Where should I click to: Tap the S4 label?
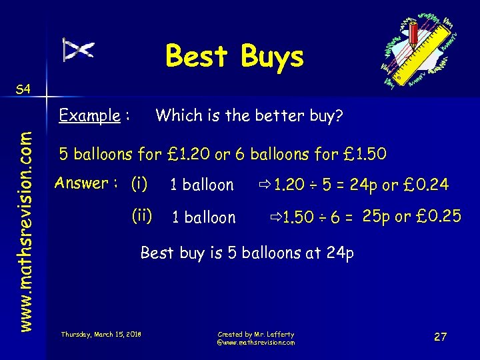(22, 89)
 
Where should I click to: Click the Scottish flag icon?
(79, 49)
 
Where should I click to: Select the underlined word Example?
(89, 116)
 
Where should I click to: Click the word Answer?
(82, 183)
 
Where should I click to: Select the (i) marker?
(139, 183)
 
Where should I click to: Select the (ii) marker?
(141, 215)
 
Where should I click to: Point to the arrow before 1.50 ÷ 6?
(275, 217)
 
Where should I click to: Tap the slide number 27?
(440, 337)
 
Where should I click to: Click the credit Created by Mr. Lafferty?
(255, 334)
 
